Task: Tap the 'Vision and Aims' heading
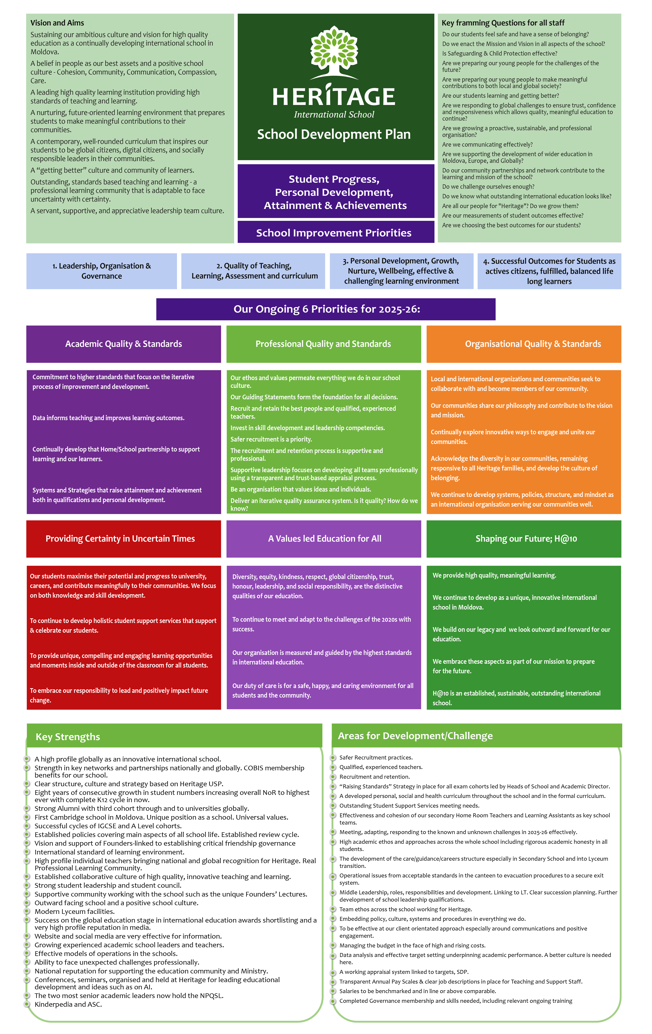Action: click(x=57, y=23)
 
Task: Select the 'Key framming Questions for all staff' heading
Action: click(x=503, y=23)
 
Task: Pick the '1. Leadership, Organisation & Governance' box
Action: click(x=101, y=271)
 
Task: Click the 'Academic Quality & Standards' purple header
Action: click(x=123, y=344)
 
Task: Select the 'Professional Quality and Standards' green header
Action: click(x=323, y=344)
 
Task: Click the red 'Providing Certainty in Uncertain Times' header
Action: click(x=120, y=539)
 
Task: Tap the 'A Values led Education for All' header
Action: click(x=324, y=539)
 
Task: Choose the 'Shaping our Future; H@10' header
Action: click(x=526, y=539)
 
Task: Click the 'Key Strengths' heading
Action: click(x=68, y=737)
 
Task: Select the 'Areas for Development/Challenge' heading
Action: click(x=415, y=736)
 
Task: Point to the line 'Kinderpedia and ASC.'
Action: click(x=68, y=1004)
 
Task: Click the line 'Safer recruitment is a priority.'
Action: click(x=271, y=439)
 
